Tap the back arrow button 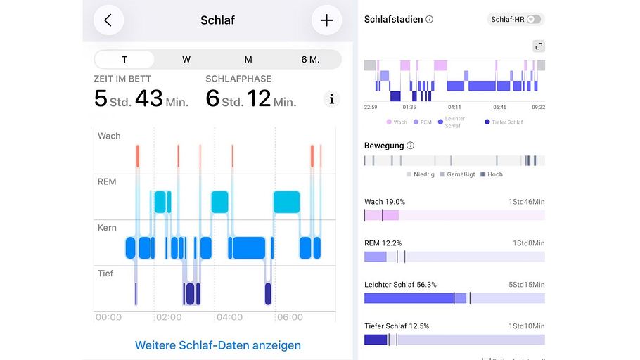pyautogui.click(x=108, y=20)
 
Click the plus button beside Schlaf pyautogui.click(x=326, y=20)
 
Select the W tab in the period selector pyautogui.click(x=186, y=59)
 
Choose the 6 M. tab pyautogui.click(x=310, y=59)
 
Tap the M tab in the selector pyautogui.click(x=248, y=59)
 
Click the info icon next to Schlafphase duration pyautogui.click(x=332, y=99)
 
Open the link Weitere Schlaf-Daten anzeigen pyautogui.click(x=218, y=345)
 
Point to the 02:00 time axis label pyautogui.click(x=169, y=317)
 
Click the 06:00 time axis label pyautogui.click(x=290, y=317)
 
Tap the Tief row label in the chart pyautogui.click(x=105, y=274)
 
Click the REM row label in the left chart pyautogui.click(x=107, y=182)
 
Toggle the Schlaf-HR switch pyautogui.click(x=535, y=20)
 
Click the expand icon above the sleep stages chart pyautogui.click(x=539, y=46)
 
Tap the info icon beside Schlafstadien pyautogui.click(x=430, y=20)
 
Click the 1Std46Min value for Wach pyautogui.click(x=527, y=202)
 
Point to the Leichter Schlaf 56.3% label pyautogui.click(x=400, y=285)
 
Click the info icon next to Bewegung pyautogui.click(x=411, y=146)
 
